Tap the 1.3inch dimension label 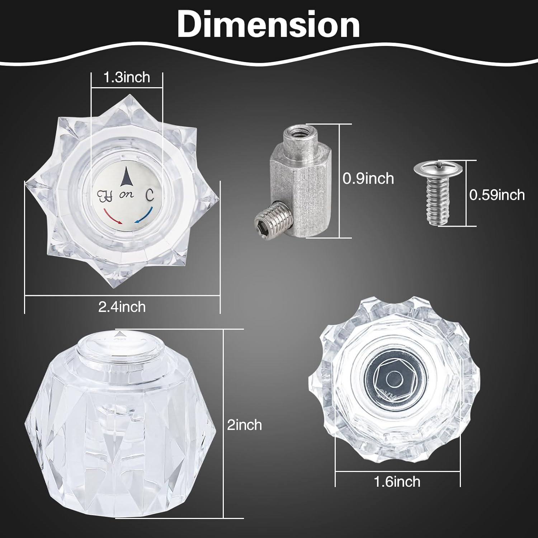pyautogui.click(x=127, y=77)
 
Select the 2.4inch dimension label pyautogui.click(x=122, y=307)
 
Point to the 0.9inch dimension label pyautogui.click(x=368, y=178)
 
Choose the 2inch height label pyautogui.click(x=245, y=425)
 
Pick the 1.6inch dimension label pyautogui.click(x=397, y=481)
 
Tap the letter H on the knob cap pyautogui.click(x=105, y=195)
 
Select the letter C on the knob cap pyautogui.click(x=150, y=195)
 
